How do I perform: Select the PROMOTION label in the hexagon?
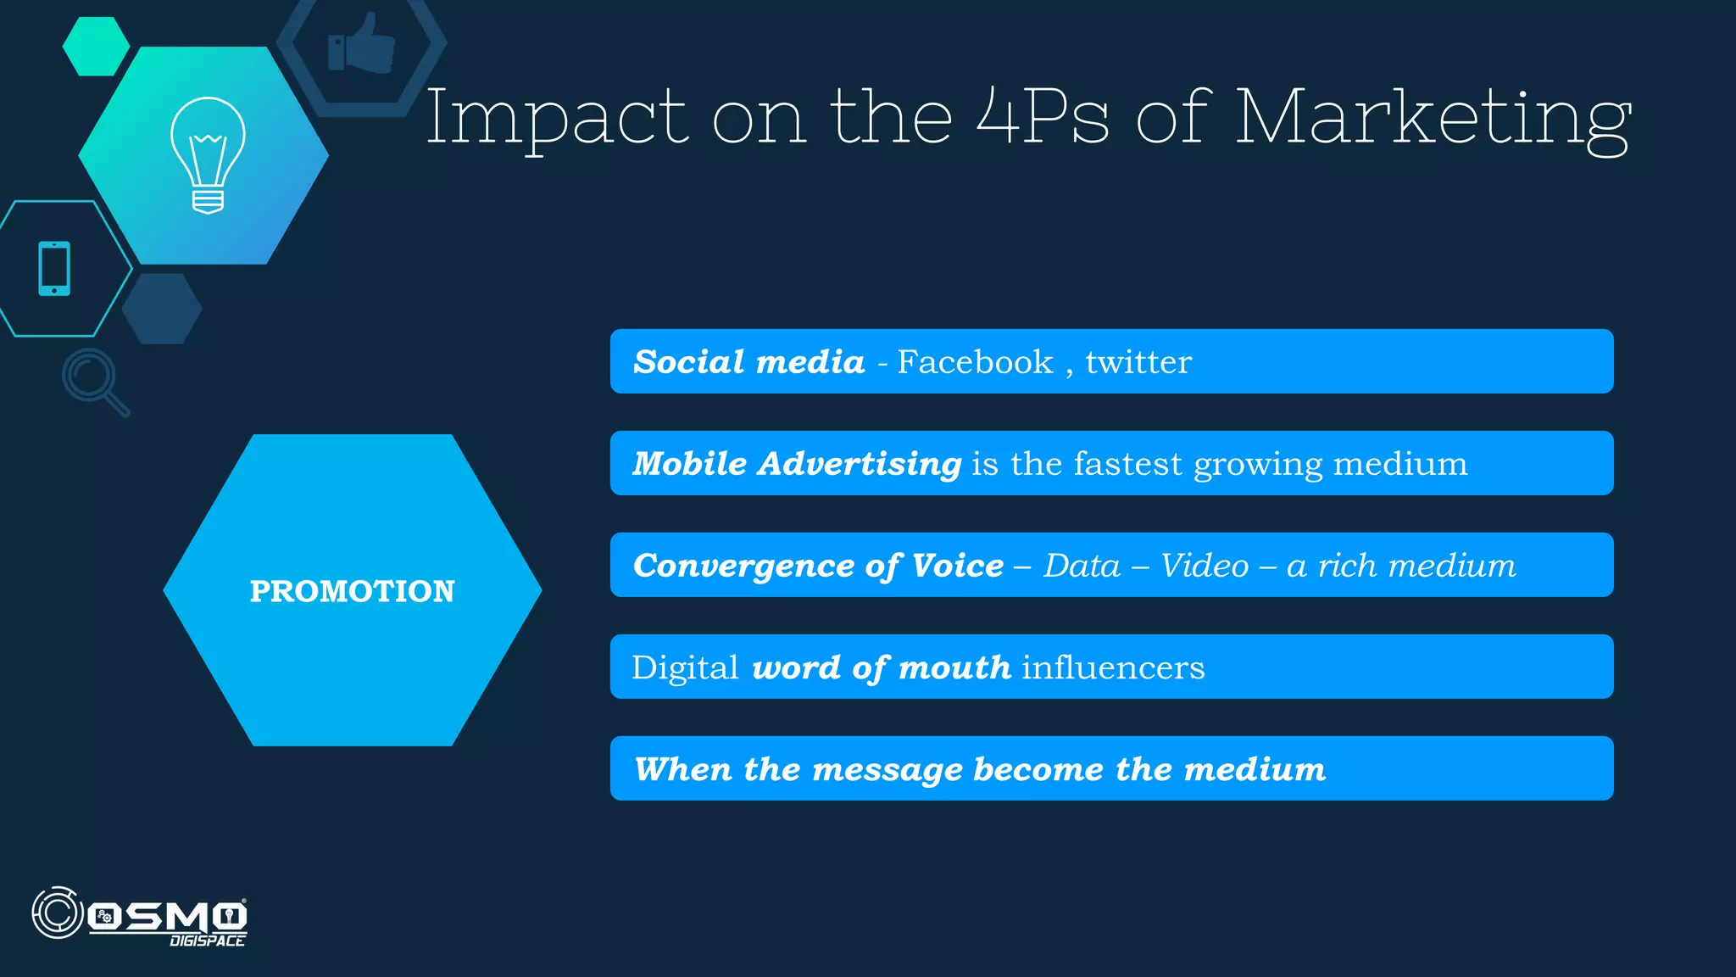[x=352, y=591]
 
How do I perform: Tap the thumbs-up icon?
[x=362, y=43]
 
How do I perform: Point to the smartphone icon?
[x=54, y=269]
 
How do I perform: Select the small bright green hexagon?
[x=96, y=47]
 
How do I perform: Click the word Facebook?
[x=975, y=362]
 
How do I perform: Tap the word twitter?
[x=1138, y=362]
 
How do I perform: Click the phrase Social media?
[x=749, y=362]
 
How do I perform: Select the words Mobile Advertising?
[x=797, y=464]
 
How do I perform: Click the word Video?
[x=1204, y=566]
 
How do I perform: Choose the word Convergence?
[x=743, y=566]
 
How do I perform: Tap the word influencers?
[x=1112, y=667]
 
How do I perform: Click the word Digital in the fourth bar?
[x=685, y=667]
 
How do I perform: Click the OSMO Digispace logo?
[x=140, y=916]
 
